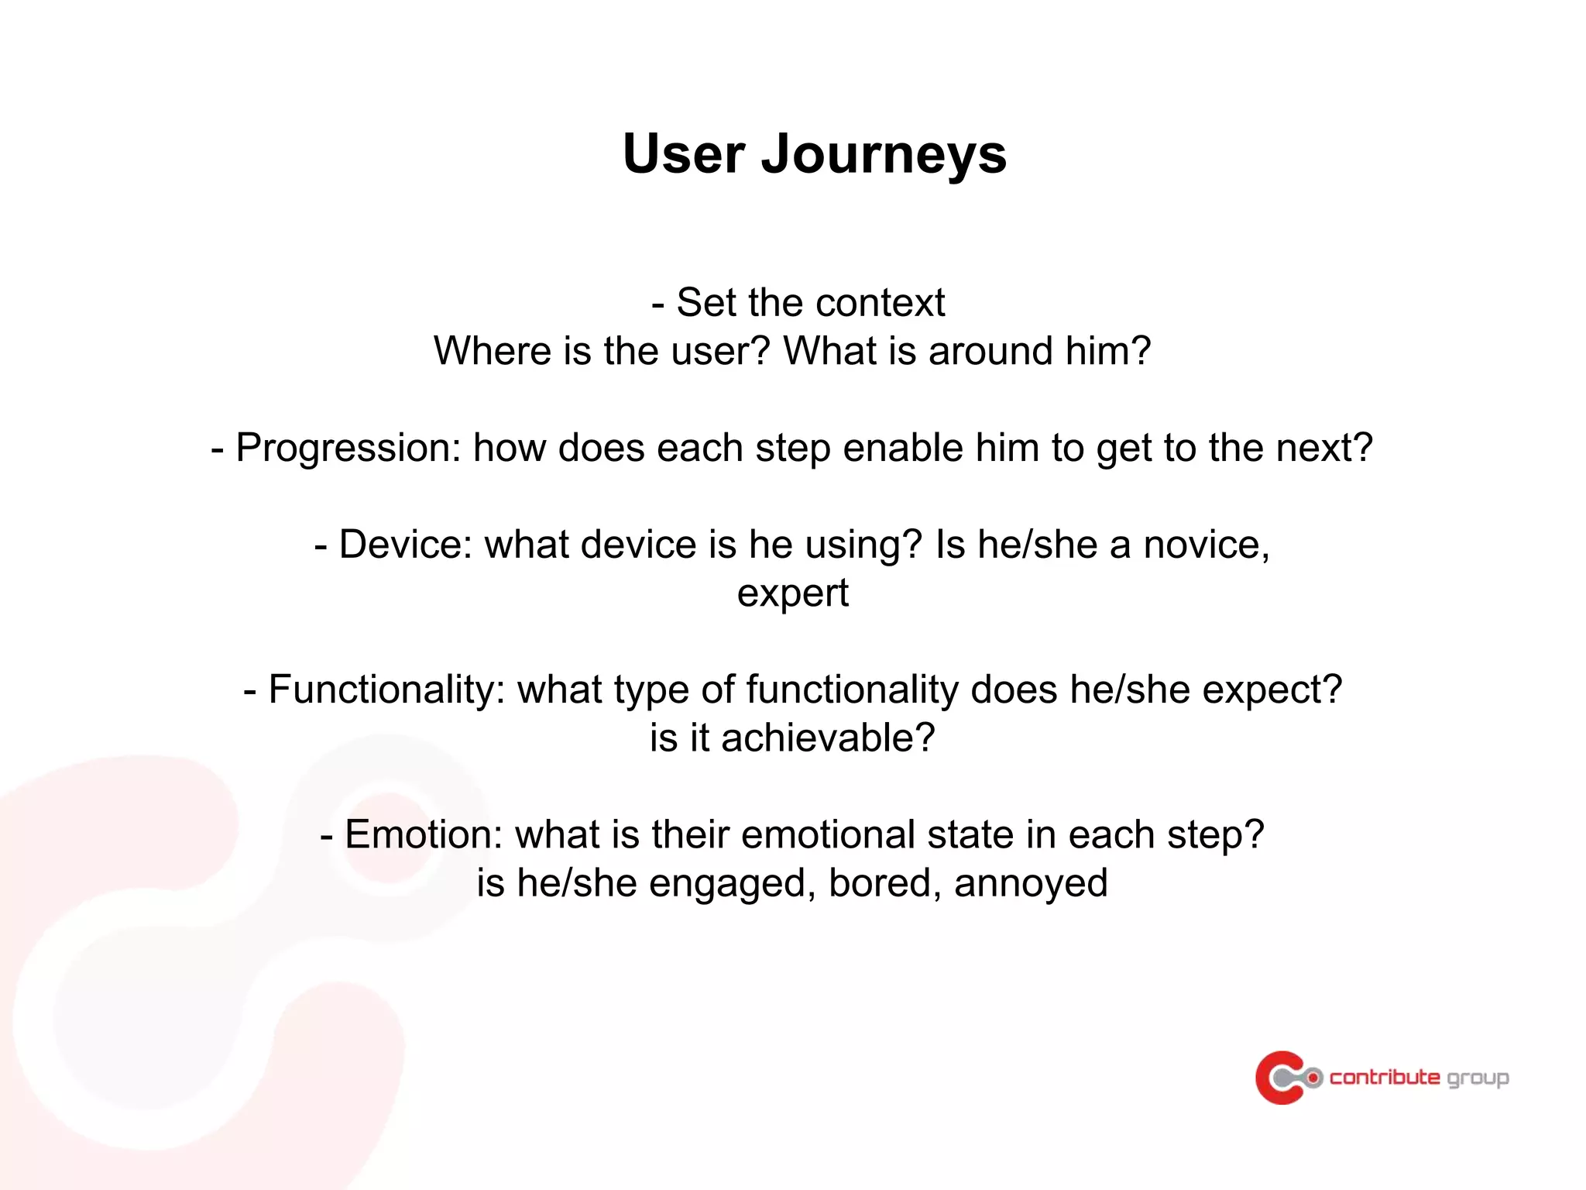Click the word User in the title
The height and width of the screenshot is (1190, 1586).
point(684,153)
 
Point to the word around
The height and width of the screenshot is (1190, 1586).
point(990,351)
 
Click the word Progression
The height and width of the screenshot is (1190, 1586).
point(347,448)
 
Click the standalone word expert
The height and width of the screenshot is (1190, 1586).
point(792,593)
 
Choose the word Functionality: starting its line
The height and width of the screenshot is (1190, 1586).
point(386,690)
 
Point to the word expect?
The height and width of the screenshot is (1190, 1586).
point(1272,690)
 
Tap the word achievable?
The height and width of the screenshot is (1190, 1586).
point(828,738)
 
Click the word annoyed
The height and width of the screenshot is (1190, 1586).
point(1031,883)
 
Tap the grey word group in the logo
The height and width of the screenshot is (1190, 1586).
point(1478,1078)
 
